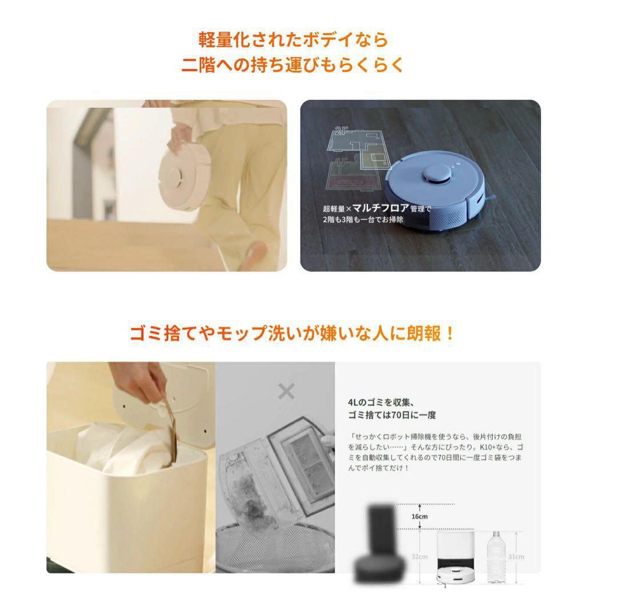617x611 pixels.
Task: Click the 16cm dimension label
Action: tap(419, 517)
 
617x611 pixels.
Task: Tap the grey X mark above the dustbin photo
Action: tap(286, 392)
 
